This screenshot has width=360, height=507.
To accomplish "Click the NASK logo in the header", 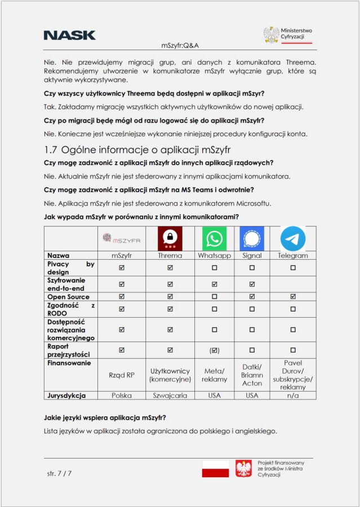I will (69, 35).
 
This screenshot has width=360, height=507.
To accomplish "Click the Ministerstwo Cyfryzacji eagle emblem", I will (271, 35).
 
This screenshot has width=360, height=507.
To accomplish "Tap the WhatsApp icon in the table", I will (214, 238).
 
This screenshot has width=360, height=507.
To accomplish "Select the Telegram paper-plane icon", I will (293, 238).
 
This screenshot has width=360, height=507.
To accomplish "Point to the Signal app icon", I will (251, 238).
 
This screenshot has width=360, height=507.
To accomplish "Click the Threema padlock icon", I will (170, 238).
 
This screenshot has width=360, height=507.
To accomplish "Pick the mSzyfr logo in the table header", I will (122, 239).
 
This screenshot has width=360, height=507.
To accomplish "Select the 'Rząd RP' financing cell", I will (122, 375).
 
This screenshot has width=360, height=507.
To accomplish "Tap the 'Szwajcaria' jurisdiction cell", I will (170, 395).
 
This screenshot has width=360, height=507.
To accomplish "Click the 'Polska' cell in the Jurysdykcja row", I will (122, 395).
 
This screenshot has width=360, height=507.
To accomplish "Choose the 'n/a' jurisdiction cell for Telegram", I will (293, 395).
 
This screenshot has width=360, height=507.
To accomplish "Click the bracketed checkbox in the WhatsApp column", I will (214, 350).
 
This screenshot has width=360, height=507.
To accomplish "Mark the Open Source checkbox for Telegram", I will (293, 297).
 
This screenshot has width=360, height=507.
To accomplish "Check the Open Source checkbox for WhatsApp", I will (214, 297).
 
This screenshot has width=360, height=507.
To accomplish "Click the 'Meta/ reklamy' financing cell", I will (214, 375).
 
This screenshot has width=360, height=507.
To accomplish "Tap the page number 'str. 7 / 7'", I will (59, 473).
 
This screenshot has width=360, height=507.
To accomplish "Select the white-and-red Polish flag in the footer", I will (215, 469).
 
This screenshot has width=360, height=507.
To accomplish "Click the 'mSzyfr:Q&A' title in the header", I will (180, 46).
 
